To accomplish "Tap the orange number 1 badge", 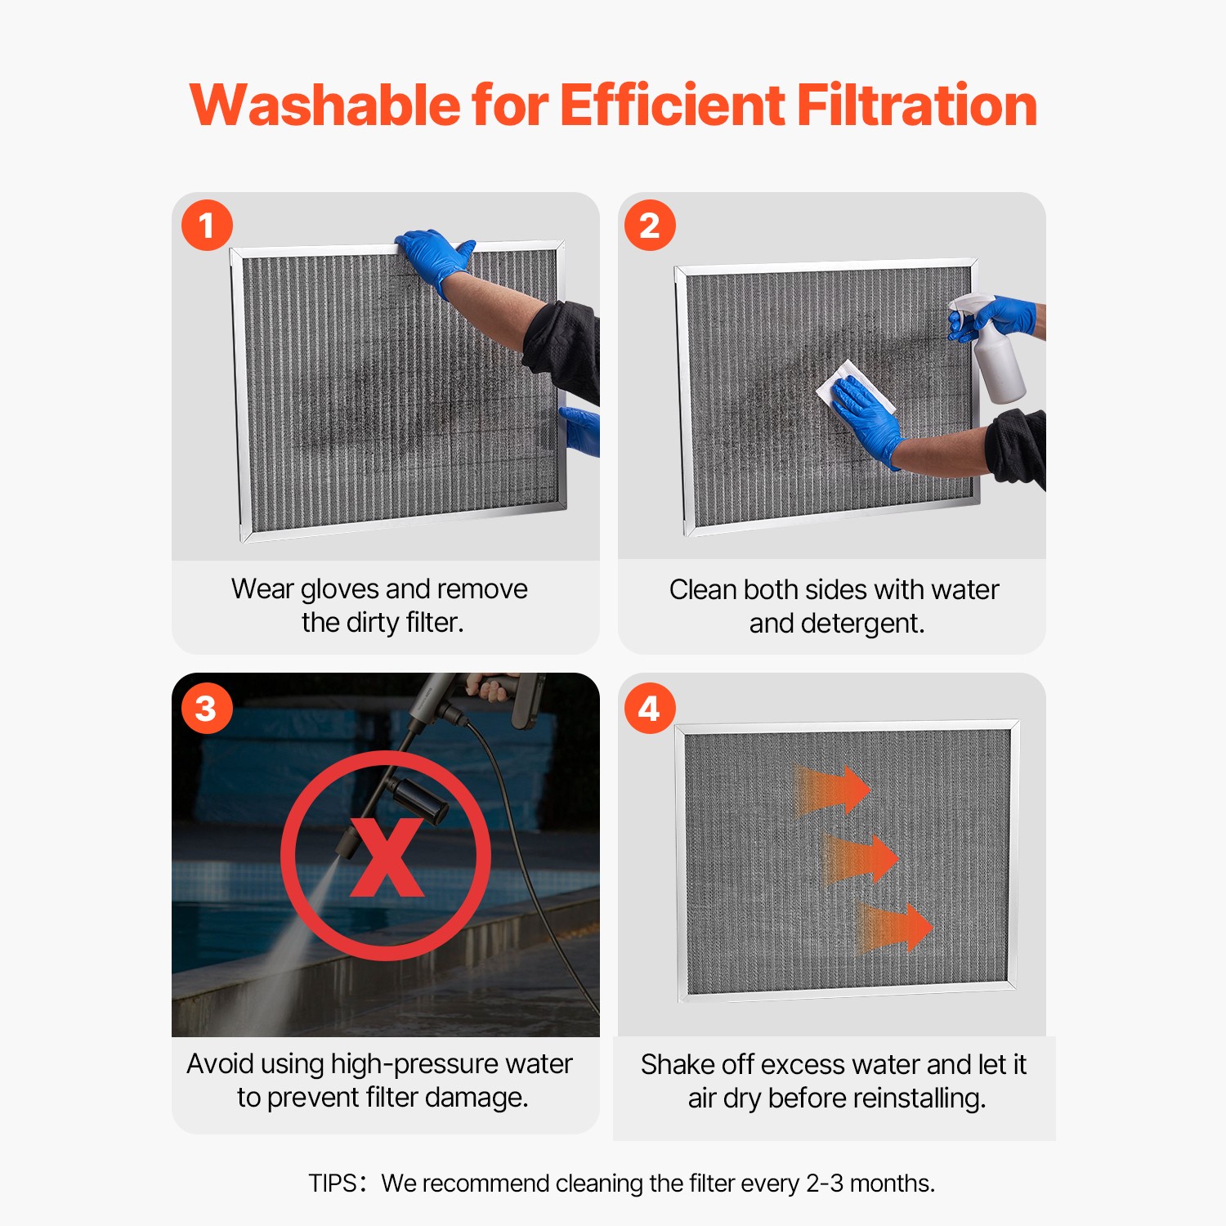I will tap(207, 226).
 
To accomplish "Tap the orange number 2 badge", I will tap(650, 226).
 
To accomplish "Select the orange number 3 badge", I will tap(207, 709).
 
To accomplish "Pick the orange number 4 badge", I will tap(650, 709).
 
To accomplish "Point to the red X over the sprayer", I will tap(387, 857).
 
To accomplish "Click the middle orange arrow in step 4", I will tap(863, 859).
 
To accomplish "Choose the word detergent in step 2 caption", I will tap(861, 624).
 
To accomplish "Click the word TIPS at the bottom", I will tap(332, 1183).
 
